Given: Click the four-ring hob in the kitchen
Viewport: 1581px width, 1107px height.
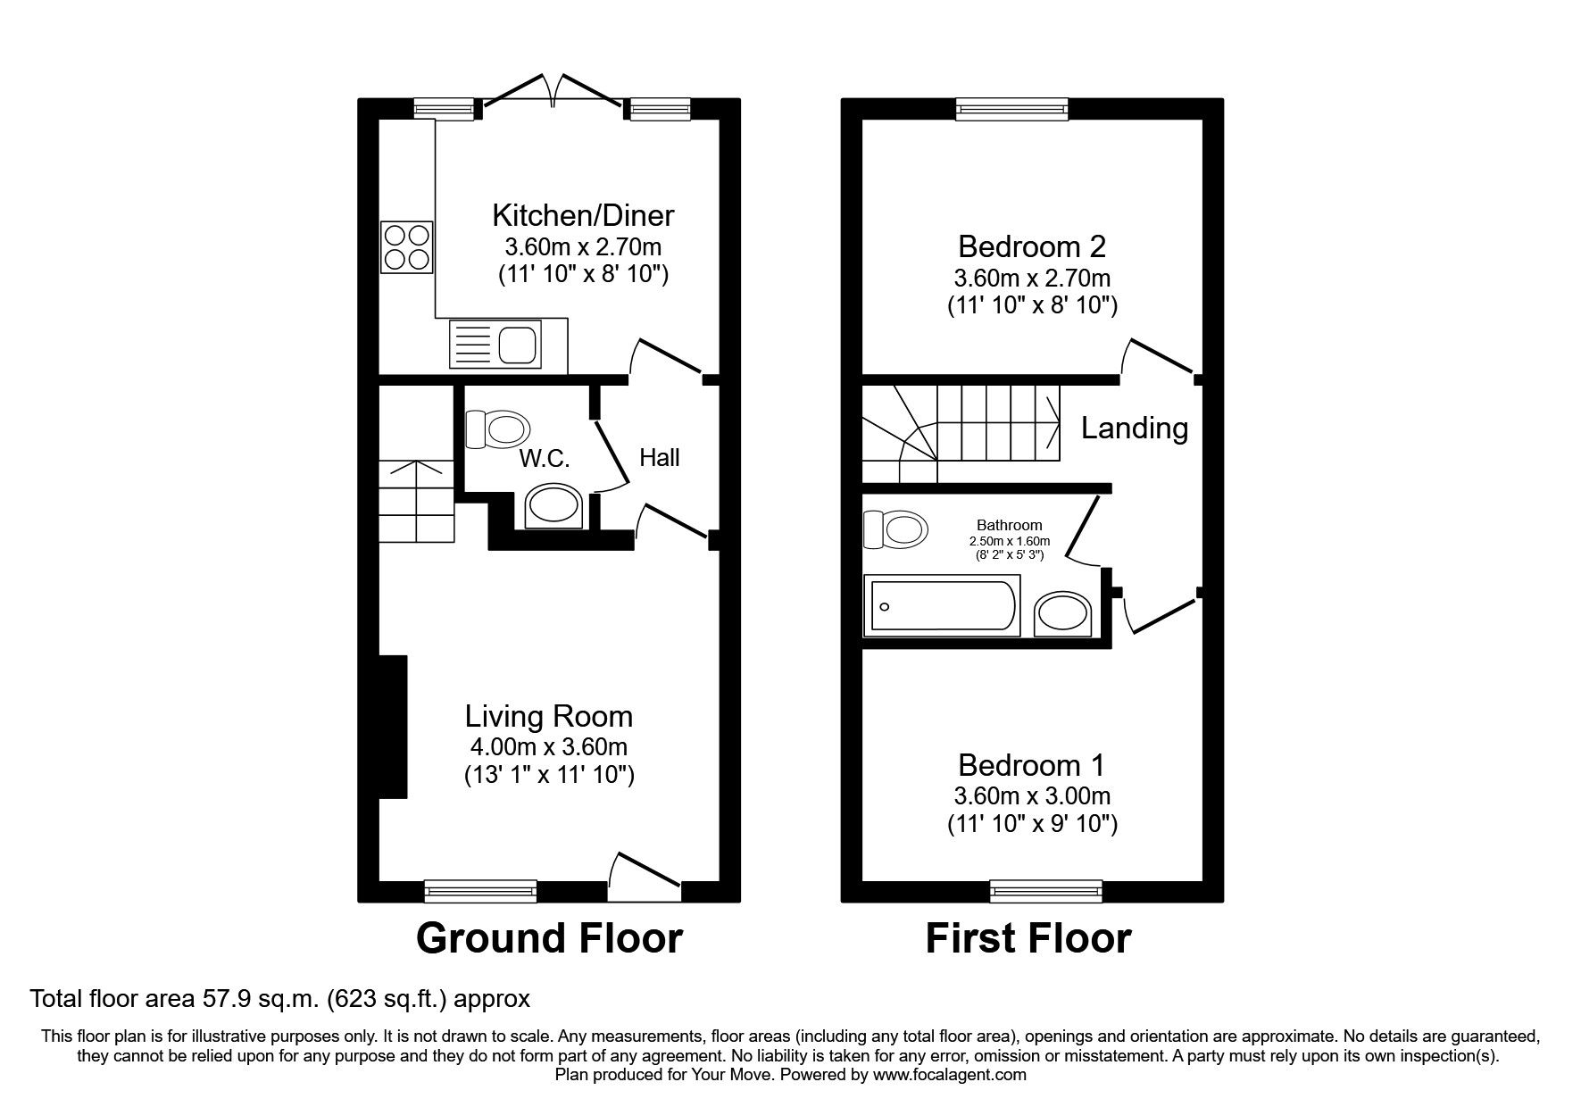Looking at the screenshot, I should [407, 247].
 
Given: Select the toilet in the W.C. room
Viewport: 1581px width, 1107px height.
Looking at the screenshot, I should [495, 429].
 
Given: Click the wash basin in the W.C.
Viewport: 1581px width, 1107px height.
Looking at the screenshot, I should [553, 507].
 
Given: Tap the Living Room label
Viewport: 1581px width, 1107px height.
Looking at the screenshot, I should [548, 717].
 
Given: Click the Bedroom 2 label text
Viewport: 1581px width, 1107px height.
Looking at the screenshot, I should [1032, 246].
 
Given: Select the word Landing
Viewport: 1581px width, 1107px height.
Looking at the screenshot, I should [1134, 429].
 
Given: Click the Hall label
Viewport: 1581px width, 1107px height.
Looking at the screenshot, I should [659, 458].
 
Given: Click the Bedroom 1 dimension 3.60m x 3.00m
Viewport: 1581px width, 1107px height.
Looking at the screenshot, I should [1032, 795].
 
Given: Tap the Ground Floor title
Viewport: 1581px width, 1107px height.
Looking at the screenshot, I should [549, 938].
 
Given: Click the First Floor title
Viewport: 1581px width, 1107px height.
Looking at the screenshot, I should [1028, 938].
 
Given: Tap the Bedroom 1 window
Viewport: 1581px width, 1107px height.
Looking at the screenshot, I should [1045, 890].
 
